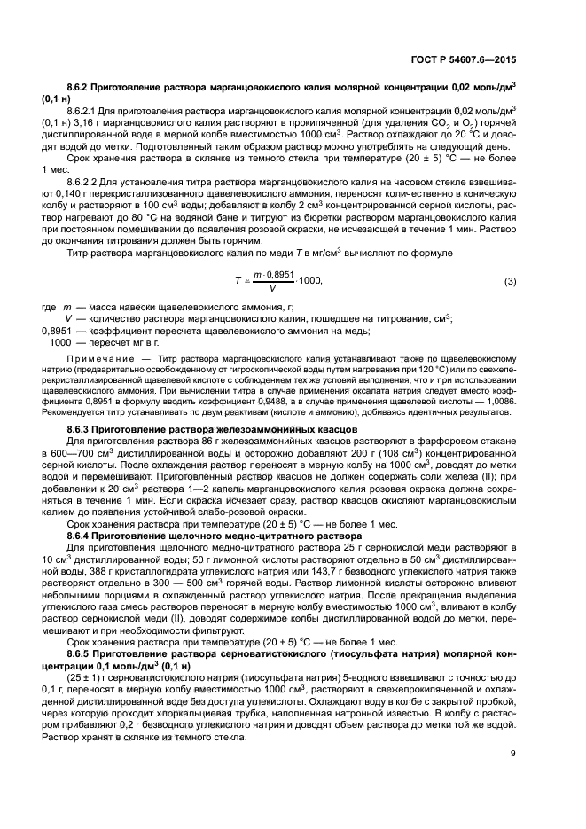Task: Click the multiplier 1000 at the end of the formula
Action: click(x=309, y=282)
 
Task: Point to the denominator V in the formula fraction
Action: click(x=271, y=289)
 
